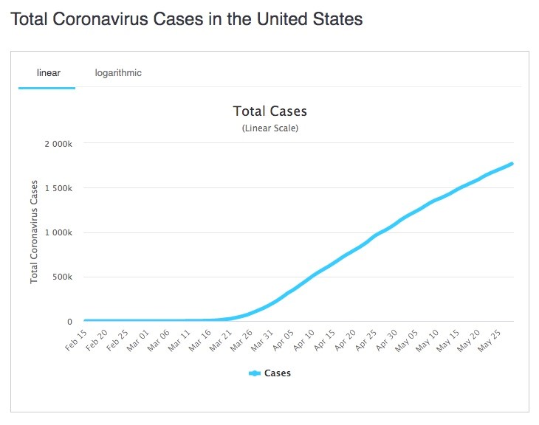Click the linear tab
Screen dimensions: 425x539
(x=48, y=73)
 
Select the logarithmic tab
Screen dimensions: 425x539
(x=118, y=73)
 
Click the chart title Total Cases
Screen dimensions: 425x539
(x=269, y=111)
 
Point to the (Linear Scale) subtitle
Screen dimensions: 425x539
(x=269, y=128)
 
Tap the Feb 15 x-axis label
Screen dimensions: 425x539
(x=75, y=342)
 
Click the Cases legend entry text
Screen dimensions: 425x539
(x=278, y=373)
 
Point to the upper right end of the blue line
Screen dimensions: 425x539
(x=511, y=164)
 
